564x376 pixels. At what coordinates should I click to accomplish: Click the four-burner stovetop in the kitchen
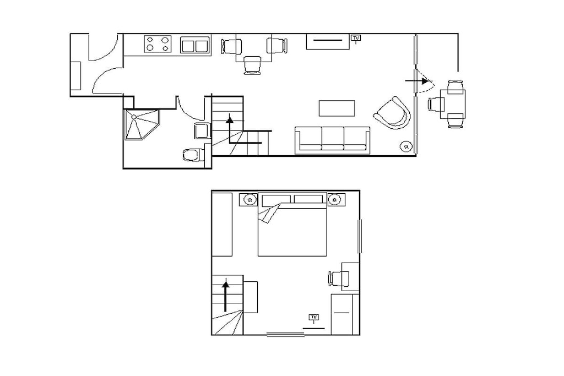(x=158, y=44)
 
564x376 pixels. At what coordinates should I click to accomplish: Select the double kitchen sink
(x=196, y=45)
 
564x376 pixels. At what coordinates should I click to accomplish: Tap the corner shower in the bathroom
(x=142, y=124)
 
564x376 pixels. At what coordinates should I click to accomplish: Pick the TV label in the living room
(x=356, y=38)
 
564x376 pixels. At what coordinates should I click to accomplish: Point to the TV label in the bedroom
(x=313, y=317)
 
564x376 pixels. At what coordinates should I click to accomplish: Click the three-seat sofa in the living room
(x=332, y=140)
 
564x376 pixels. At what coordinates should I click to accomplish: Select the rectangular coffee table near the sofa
(x=337, y=108)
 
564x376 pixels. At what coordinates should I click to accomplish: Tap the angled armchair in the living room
(x=393, y=113)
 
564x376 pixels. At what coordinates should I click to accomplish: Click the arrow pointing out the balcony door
(x=417, y=81)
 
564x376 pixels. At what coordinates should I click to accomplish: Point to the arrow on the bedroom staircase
(x=225, y=296)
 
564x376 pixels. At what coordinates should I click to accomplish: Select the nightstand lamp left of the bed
(x=250, y=199)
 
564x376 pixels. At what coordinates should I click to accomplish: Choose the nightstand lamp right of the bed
(x=335, y=199)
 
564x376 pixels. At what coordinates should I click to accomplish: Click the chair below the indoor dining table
(x=252, y=65)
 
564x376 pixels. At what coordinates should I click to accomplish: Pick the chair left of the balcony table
(x=435, y=105)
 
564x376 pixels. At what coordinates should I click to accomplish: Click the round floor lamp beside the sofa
(x=406, y=146)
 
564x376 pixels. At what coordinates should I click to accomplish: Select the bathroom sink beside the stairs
(x=203, y=131)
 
